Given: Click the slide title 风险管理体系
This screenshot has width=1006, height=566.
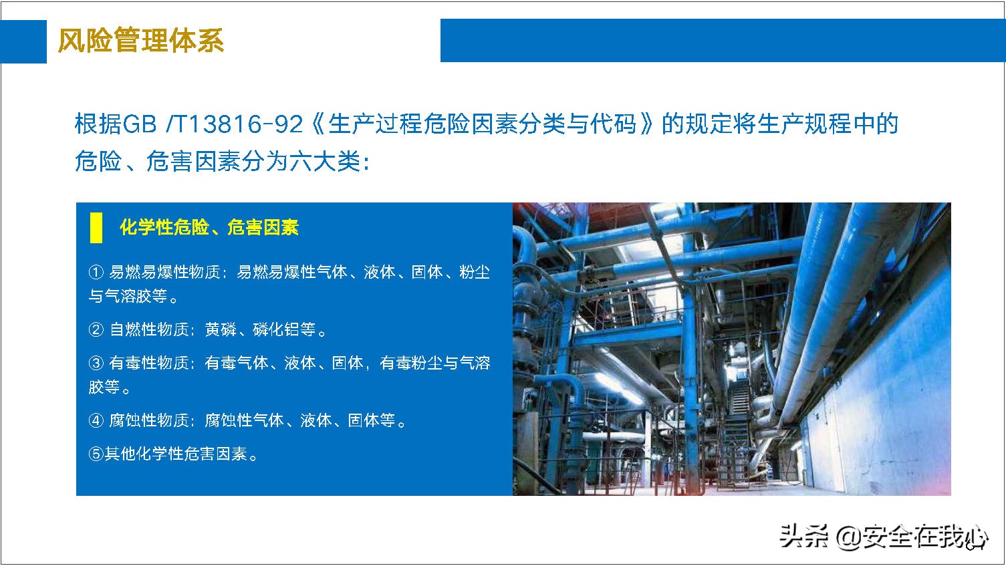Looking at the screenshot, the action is [140, 40].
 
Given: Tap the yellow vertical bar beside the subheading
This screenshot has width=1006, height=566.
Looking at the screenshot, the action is [96, 228].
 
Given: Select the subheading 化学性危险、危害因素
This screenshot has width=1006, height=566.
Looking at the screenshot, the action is [209, 227].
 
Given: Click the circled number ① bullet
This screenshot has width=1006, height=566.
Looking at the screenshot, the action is [96, 272].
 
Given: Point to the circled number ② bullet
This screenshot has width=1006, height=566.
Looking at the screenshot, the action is [96, 329].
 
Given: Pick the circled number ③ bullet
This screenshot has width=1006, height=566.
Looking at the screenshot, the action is [96, 363].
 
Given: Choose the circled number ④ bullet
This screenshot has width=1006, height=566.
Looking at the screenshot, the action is [96, 420].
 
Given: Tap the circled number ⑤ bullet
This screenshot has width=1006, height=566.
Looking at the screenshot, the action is [96, 454].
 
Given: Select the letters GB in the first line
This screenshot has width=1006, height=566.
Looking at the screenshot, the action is [140, 124].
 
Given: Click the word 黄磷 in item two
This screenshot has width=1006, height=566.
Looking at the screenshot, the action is [221, 329].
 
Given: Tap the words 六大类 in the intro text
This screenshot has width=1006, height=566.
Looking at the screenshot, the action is [325, 161].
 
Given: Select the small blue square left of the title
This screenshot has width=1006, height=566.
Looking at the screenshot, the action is [23, 41].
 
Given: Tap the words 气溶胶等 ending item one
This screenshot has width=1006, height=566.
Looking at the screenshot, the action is [136, 296].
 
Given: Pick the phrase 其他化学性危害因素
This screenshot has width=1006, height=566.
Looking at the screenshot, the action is [176, 454].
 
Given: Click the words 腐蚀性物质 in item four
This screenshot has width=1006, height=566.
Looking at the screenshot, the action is [148, 420].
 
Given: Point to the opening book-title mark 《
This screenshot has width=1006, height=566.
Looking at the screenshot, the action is [317, 124].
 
